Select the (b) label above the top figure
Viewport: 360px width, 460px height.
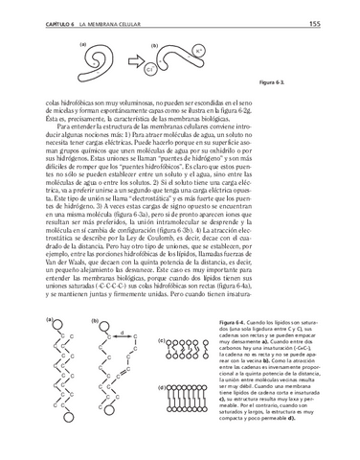[x=155, y=44]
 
